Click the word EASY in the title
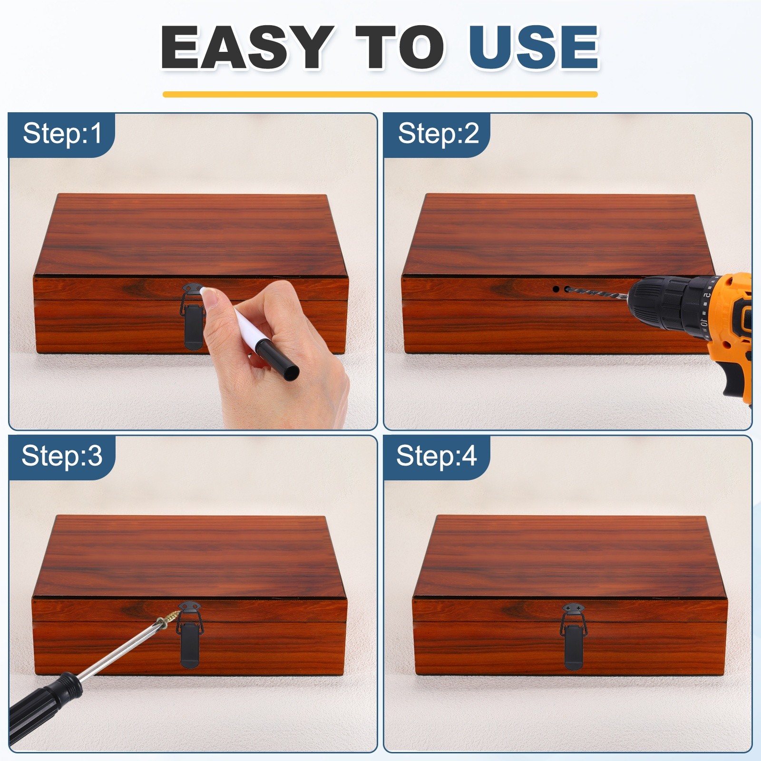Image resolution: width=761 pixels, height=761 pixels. (x=247, y=47)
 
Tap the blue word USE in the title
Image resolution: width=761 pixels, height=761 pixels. (x=534, y=47)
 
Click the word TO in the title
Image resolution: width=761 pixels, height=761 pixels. (x=400, y=47)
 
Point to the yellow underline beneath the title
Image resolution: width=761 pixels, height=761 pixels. (x=380, y=94)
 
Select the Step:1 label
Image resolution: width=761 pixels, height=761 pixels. (x=62, y=133)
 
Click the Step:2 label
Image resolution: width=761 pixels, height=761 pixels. (x=438, y=133)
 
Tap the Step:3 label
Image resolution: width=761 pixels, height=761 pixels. (x=62, y=456)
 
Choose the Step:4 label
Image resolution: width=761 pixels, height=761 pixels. (x=436, y=456)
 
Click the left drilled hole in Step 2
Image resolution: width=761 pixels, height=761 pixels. (x=556, y=289)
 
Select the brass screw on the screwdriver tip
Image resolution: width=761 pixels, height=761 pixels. (x=168, y=619)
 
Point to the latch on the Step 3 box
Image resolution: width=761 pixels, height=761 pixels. (x=190, y=634)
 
